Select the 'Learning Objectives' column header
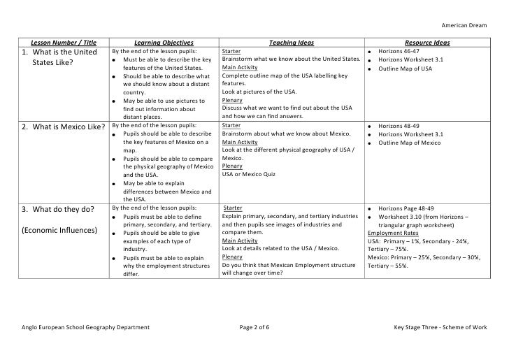pos(164,43)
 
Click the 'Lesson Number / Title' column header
pos(59,43)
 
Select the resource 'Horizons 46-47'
pos(398,52)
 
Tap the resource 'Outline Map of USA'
pos(405,69)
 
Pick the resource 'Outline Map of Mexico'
pos(409,143)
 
